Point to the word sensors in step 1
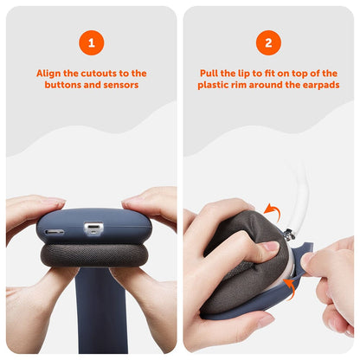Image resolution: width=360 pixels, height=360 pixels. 123,87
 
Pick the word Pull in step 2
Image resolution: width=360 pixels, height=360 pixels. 212,74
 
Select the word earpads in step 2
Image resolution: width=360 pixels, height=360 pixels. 319,87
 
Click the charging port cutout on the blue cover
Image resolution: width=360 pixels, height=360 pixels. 93,229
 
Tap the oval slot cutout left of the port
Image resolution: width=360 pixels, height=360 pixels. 54,232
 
